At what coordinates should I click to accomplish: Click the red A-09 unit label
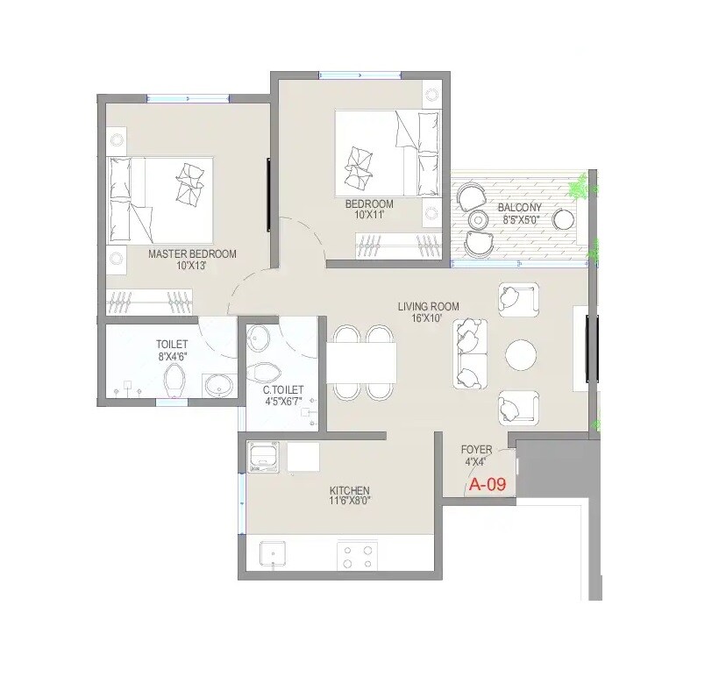click(x=488, y=483)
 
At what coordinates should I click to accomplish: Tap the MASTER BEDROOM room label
click(x=192, y=253)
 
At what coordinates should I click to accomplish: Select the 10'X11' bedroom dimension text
click(x=368, y=215)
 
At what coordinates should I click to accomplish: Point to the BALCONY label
click(x=520, y=208)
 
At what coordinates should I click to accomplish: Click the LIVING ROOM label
click(x=428, y=306)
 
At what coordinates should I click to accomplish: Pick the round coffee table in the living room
click(x=522, y=356)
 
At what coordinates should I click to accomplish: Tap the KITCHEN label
click(x=349, y=490)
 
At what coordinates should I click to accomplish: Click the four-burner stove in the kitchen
click(x=358, y=554)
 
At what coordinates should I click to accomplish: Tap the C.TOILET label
click(x=283, y=389)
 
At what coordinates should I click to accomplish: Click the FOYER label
click(x=477, y=450)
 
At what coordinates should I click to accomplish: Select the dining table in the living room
click(x=361, y=362)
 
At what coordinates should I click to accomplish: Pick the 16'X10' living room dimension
click(x=428, y=318)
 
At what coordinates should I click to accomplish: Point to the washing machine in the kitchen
click(x=263, y=457)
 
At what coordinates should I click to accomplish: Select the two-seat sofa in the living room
click(x=471, y=353)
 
